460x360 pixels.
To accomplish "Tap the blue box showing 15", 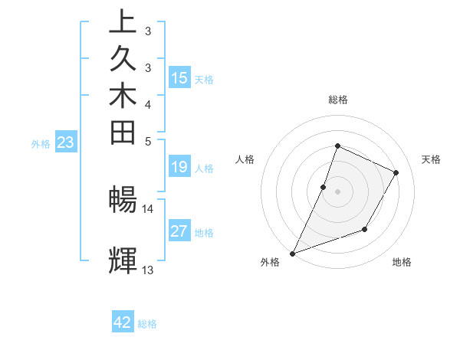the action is (x=179, y=77).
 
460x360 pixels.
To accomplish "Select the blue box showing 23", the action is (x=66, y=142).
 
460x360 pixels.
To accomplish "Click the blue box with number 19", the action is (x=179, y=166).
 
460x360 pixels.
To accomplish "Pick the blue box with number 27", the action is (x=179, y=231).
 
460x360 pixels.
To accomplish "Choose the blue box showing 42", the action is (x=123, y=322).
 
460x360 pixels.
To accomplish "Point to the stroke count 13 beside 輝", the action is (x=147, y=270).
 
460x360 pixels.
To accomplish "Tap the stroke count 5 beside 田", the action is (x=147, y=141).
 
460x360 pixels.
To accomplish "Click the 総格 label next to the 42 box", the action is (x=148, y=324).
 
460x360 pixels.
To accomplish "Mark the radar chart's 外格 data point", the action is (x=293, y=254).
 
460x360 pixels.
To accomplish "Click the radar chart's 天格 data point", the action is (x=396, y=172).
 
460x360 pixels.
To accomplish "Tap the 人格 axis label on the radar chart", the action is (x=245, y=159).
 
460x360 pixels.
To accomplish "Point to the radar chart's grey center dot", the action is (x=337, y=191).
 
